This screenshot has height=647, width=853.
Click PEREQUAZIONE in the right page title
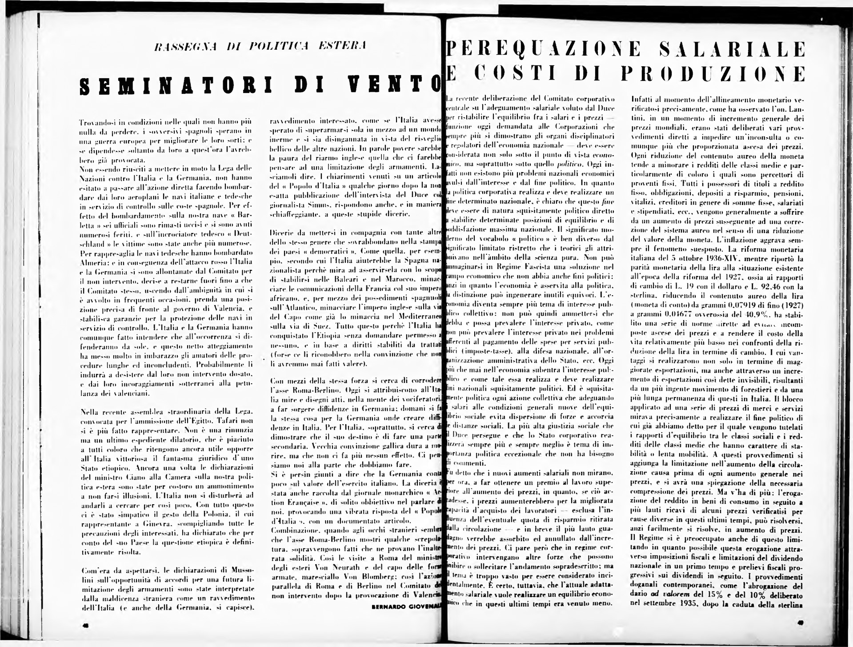(x=543, y=49)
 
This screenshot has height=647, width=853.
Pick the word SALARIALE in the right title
(x=733, y=49)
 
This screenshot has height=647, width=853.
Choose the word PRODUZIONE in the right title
(x=713, y=74)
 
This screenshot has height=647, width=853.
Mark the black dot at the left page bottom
(x=86, y=626)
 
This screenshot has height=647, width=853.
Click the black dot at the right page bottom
(x=801, y=623)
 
